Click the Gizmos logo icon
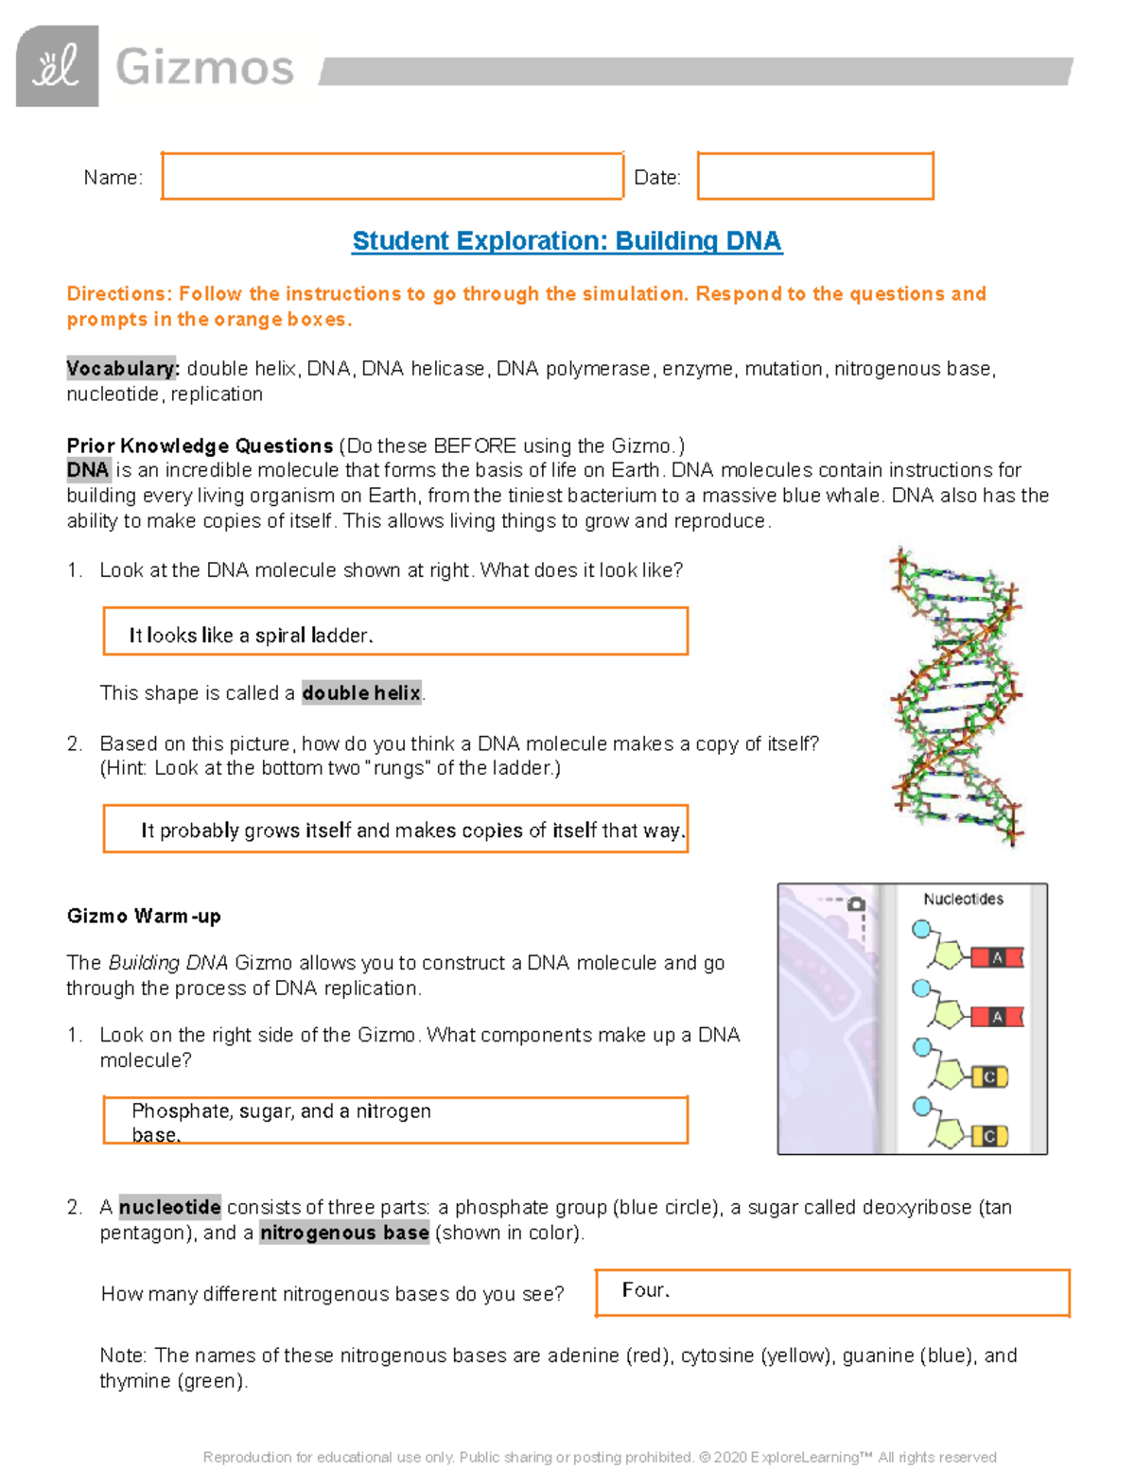(57, 66)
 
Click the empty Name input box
(392, 176)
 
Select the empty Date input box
(815, 176)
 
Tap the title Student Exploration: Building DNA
(567, 241)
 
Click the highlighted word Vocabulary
(122, 369)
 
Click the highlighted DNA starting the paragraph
(88, 470)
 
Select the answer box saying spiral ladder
(394, 632)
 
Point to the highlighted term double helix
(361, 693)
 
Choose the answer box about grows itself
(394, 829)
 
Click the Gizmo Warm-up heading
(144, 916)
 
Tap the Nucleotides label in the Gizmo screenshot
(963, 899)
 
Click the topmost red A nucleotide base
(997, 958)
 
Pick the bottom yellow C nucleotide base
(989, 1135)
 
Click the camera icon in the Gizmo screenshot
(856, 904)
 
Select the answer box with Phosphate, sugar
(394, 1121)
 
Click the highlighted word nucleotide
(170, 1208)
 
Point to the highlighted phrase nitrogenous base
(344, 1233)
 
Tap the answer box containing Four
(831, 1292)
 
